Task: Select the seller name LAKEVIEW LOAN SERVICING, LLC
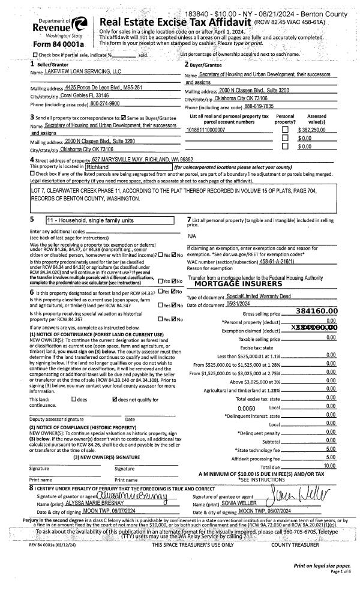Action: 83,71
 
